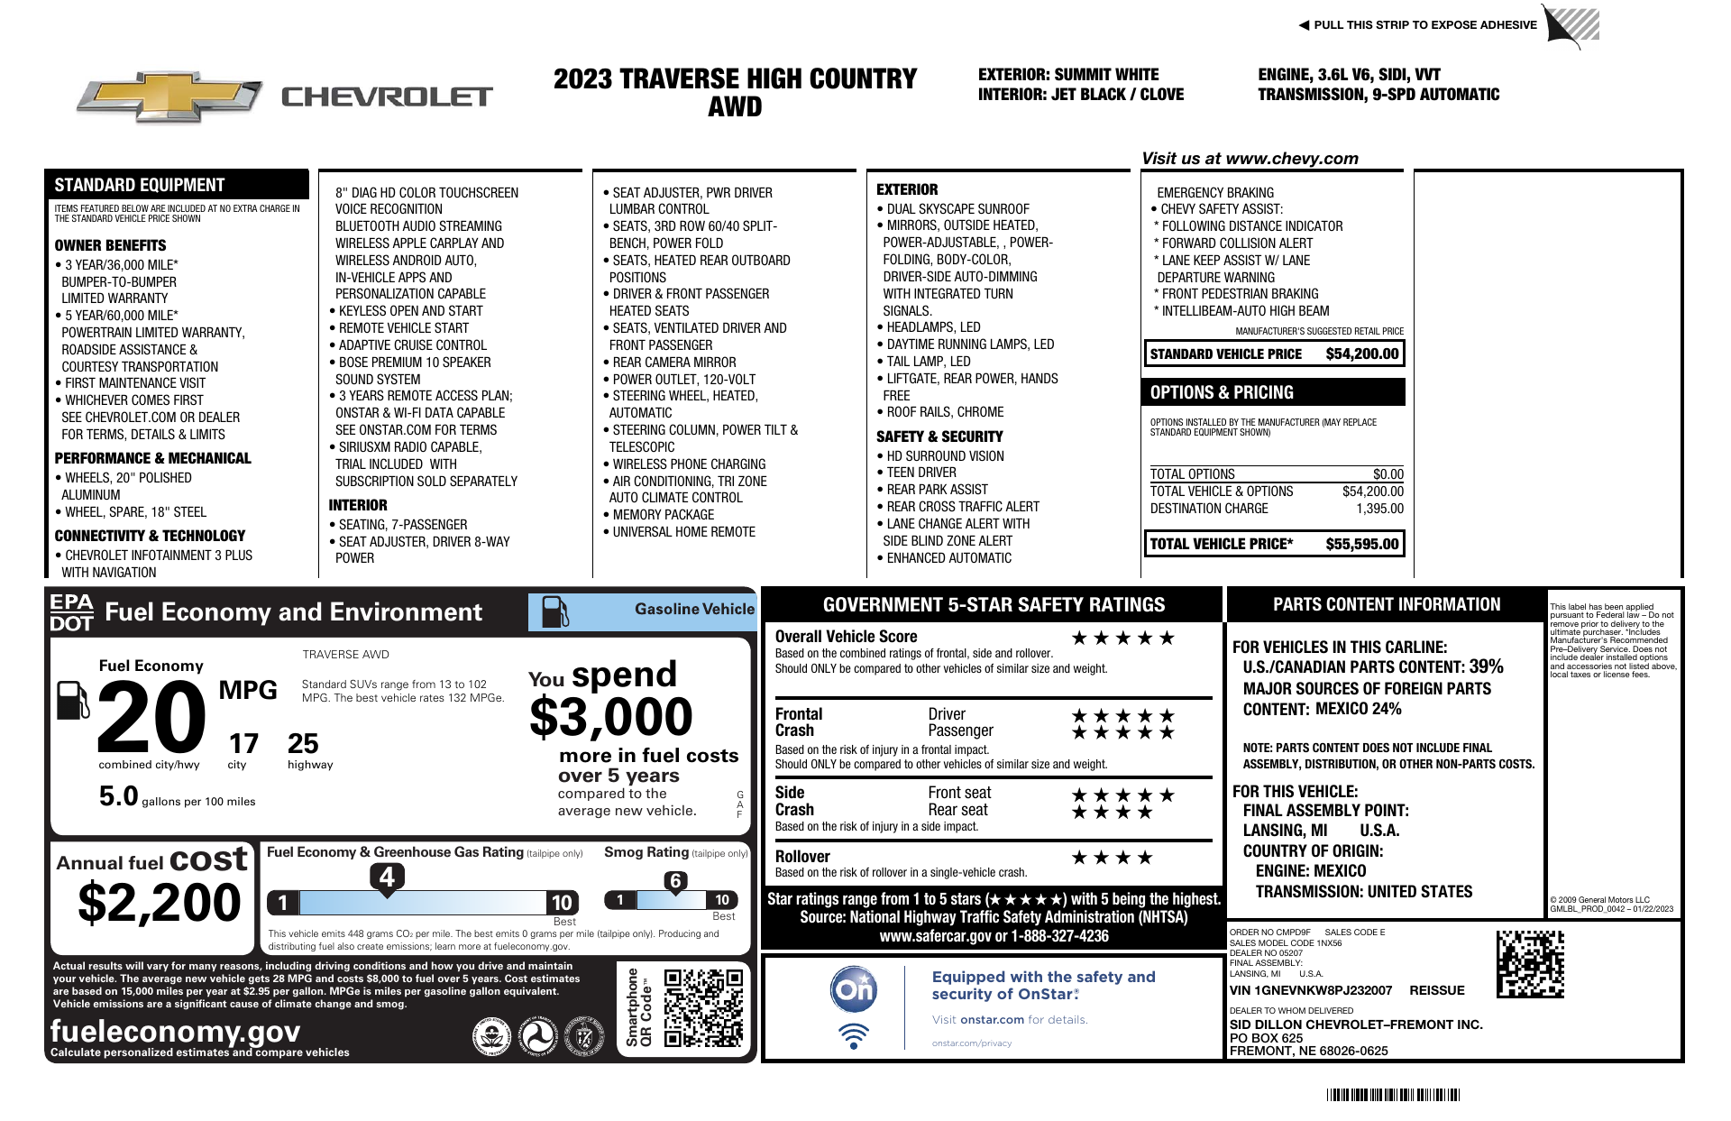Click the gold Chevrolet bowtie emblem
(169, 96)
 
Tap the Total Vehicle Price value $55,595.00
(1361, 544)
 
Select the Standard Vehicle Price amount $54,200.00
(1361, 354)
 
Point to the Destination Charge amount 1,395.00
(1379, 509)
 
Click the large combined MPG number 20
(151, 717)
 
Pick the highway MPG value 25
(303, 744)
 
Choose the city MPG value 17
(243, 744)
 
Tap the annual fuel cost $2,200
(160, 903)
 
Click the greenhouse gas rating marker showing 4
(387, 877)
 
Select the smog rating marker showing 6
(675, 881)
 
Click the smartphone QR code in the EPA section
(703, 1007)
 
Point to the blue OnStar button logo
(853, 989)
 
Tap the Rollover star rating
(1112, 858)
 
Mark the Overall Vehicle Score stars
(1122, 639)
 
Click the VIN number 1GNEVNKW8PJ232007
(1311, 990)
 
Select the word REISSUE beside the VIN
(1437, 990)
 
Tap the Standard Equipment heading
(140, 185)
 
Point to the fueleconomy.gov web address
(175, 1031)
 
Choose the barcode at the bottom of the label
(1393, 1096)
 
